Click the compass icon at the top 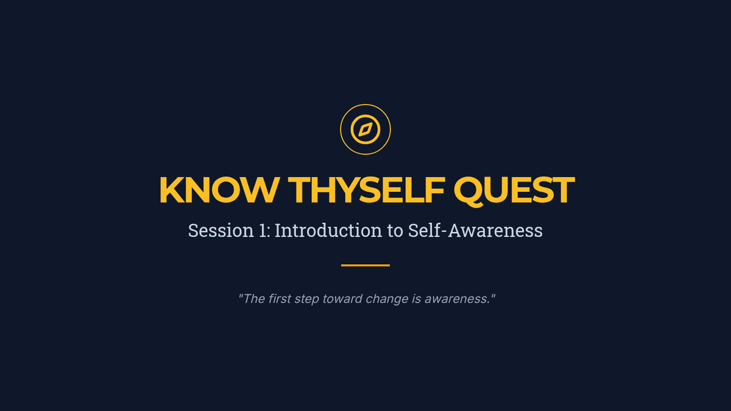click(365, 130)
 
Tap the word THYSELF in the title click(367, 190)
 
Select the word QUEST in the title click(514, 191)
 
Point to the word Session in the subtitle click(221, 230)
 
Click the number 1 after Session click(263, 230)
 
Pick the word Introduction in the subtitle click(328, 230)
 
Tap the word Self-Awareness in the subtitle click(475, 230)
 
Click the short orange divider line click(365, 265)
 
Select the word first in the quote click(280, 299)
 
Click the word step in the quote click(306, 300)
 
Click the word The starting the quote click(254, 299)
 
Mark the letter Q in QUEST click(468, 192)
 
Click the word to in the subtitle click(395, 231)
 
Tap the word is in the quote click(416, 299)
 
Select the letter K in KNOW click(172, 190)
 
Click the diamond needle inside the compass click(365, 130)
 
